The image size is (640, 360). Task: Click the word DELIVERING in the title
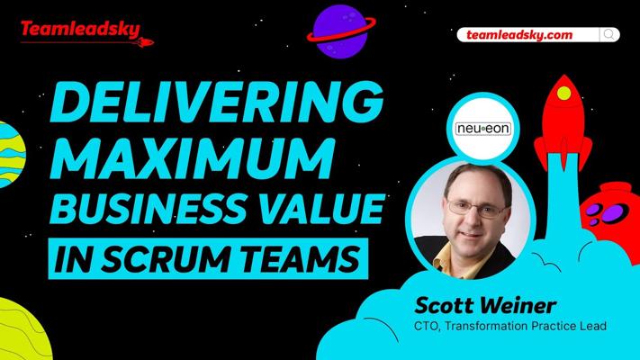pos(216,102)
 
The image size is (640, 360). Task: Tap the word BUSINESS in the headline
pos(149,208)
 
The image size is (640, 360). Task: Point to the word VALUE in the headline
pos(321,208)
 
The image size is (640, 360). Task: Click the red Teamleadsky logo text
pos(80,30)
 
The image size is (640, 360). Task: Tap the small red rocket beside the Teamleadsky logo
pos(145,42)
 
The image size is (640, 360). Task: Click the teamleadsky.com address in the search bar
pos(519,35)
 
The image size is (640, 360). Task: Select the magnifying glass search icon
pos(609,35)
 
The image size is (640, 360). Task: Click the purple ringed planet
pos(341,31)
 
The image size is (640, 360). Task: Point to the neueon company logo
pos(483,129)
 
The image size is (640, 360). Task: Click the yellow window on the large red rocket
pos(563,93)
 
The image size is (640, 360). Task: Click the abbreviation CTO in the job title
pos(427,326)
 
